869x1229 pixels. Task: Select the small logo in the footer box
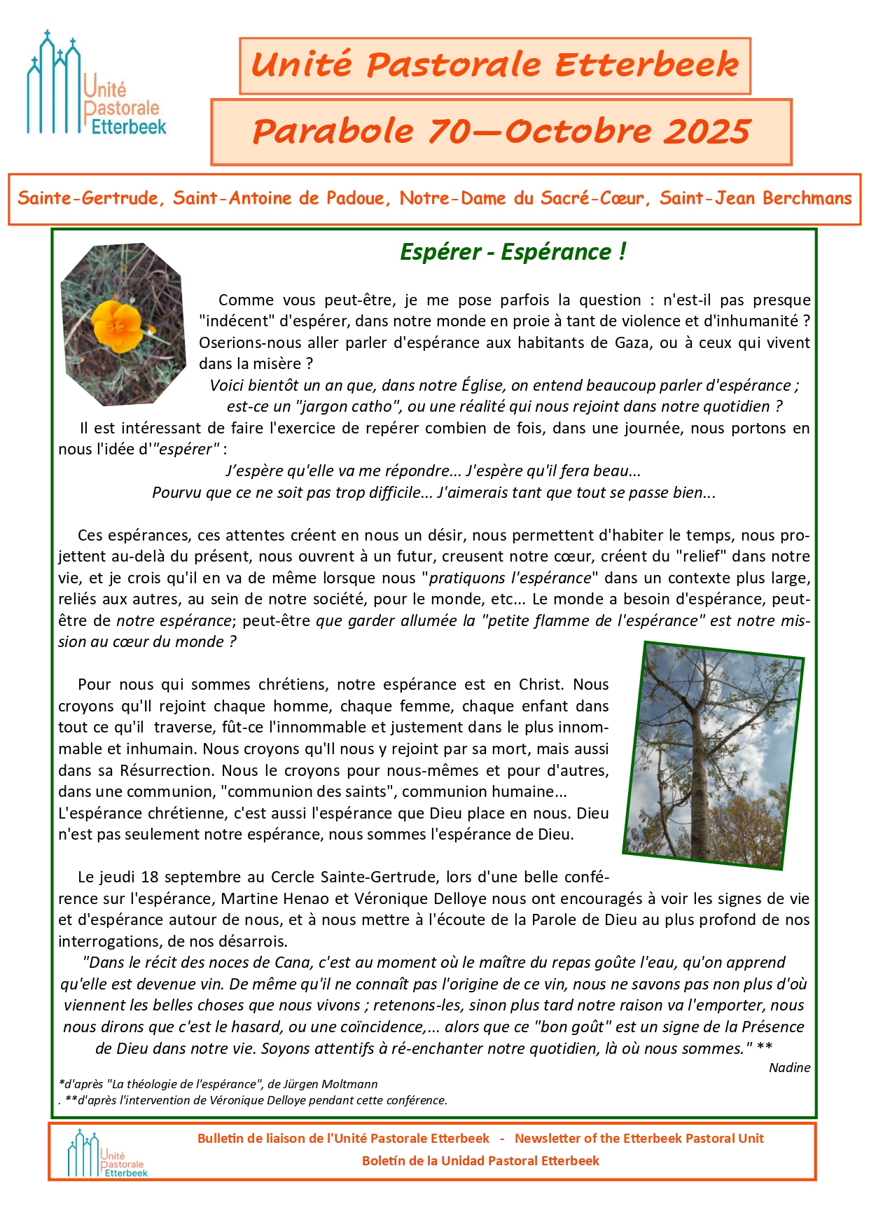click(x=107, y=1154)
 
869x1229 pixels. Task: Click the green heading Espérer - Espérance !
click(x=513, y=252)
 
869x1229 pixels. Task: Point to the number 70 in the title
click(x=454, y=132)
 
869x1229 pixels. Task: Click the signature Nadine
click(x=789, y=1068)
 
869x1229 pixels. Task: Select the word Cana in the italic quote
click(x=291, y=963)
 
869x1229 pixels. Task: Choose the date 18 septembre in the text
click(x=186, y=877)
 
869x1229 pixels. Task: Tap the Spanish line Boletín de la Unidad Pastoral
click(x=480, y=1161)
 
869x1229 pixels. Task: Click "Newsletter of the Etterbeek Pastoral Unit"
click(x=639, y=1139)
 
